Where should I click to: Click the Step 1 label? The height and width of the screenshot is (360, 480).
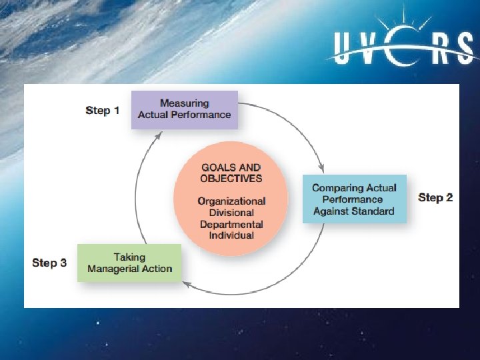click(103, 110)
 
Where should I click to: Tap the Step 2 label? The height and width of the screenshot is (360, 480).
click(435, 197)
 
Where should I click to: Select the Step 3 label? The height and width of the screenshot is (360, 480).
click(49, 263)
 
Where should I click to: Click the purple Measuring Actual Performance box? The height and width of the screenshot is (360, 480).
click(185, 109)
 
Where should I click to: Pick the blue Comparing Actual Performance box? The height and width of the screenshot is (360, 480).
click(354, 199)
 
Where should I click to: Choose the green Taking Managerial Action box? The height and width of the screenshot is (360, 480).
click(129, 263)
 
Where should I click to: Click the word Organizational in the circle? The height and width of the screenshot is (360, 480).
click(231, 201)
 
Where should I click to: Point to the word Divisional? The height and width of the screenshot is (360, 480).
click(231, 213)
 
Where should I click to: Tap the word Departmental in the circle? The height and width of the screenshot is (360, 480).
click(231, 224)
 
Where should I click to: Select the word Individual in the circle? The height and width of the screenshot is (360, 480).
click(231, 235)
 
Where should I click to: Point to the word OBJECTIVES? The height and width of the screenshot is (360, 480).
click(231, 178)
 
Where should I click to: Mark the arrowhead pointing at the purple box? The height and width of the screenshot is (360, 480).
click(158, 135)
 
